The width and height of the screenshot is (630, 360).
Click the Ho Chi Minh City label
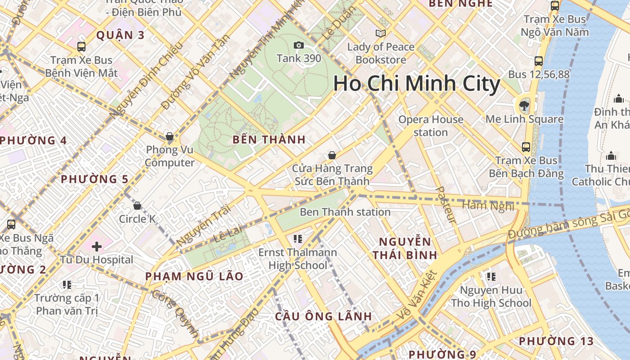(x=417, y=84)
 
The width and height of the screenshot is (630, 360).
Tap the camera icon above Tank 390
(x=298, y=45)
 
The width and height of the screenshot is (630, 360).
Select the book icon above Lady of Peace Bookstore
(x=381, y=33)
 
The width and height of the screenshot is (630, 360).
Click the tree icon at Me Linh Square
(x=524, y=106)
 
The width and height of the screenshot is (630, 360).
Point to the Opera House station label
(x=431, y=126)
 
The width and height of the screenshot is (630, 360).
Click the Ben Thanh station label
(x=345, y=212)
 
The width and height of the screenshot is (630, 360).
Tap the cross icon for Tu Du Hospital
(x=97, y=247)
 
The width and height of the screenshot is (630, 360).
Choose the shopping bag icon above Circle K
(x=137, y=206)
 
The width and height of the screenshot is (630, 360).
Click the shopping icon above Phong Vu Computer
(x=170, y=136)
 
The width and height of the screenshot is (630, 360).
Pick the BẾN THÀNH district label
(x=269, y=139)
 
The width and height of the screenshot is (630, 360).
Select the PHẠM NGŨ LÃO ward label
(x=194, y=276)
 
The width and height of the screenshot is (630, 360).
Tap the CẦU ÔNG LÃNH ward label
(x=324, y=316)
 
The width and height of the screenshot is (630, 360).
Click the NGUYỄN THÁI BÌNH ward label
(x=405, y=248)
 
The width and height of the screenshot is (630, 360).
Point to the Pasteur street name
(x=446, y=205)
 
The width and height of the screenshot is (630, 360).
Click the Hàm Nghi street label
(x=488, y=206)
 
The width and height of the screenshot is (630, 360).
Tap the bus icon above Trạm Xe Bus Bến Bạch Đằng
(x=526, y=147)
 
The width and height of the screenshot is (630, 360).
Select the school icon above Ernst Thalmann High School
(x=297, y=238)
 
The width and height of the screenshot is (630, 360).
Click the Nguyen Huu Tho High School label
(x=491, y=297)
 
